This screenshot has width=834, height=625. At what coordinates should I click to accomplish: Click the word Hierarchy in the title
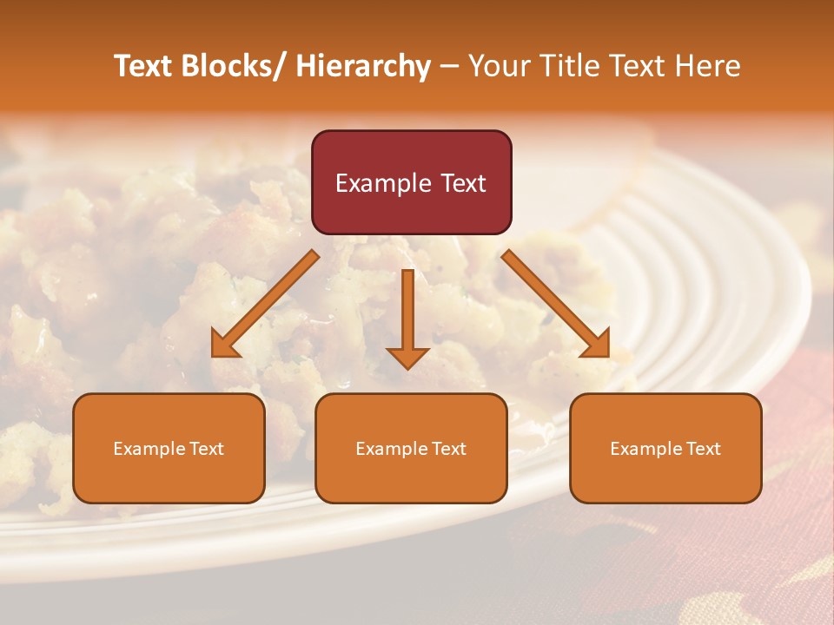click(x=363, y=66)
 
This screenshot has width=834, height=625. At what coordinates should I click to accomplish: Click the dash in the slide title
click(x=449, y=66)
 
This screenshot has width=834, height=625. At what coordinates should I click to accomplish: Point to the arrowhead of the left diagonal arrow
click(x=224, y=345)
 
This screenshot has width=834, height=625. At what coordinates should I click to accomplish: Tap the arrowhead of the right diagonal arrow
click(x=597, y=345)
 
